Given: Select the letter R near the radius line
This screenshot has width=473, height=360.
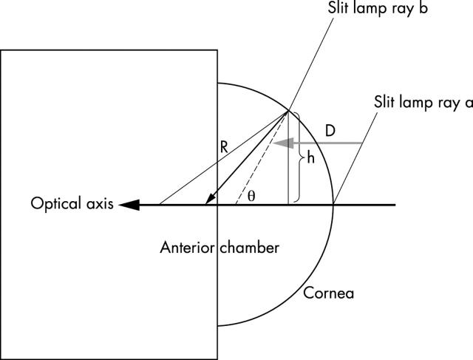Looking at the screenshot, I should coord(224,149).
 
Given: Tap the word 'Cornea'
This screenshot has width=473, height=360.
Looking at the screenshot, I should coord(329,293).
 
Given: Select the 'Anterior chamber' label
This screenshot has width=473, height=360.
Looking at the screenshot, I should coord(220,248).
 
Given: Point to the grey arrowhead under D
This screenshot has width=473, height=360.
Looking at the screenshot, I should coord(279,143).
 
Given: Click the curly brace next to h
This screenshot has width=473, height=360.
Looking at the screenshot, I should coord(298,157).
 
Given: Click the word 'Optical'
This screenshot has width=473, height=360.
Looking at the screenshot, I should coord(50,204).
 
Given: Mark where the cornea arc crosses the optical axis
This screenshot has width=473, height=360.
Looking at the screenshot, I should coord(334,204).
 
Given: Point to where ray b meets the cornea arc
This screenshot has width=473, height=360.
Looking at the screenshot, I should coord(289,112).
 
